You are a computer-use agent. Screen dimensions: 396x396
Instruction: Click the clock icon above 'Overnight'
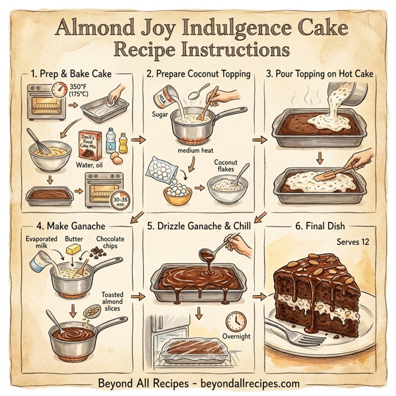point(234,321)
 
